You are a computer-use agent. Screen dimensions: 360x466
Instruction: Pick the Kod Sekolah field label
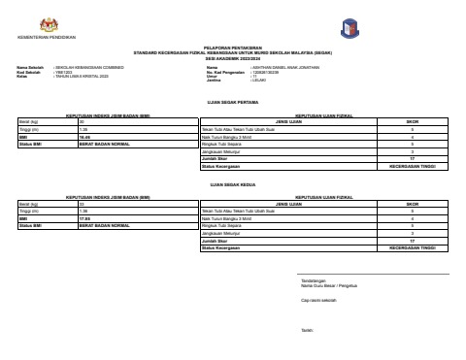(x=28, y=71)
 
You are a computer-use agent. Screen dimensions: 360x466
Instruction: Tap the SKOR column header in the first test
(x=412, y=121)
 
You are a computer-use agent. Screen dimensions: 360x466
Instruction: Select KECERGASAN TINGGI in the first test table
(x=412, y=167)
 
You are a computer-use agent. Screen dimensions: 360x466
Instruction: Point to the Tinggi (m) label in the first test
(x=28, y=129)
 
